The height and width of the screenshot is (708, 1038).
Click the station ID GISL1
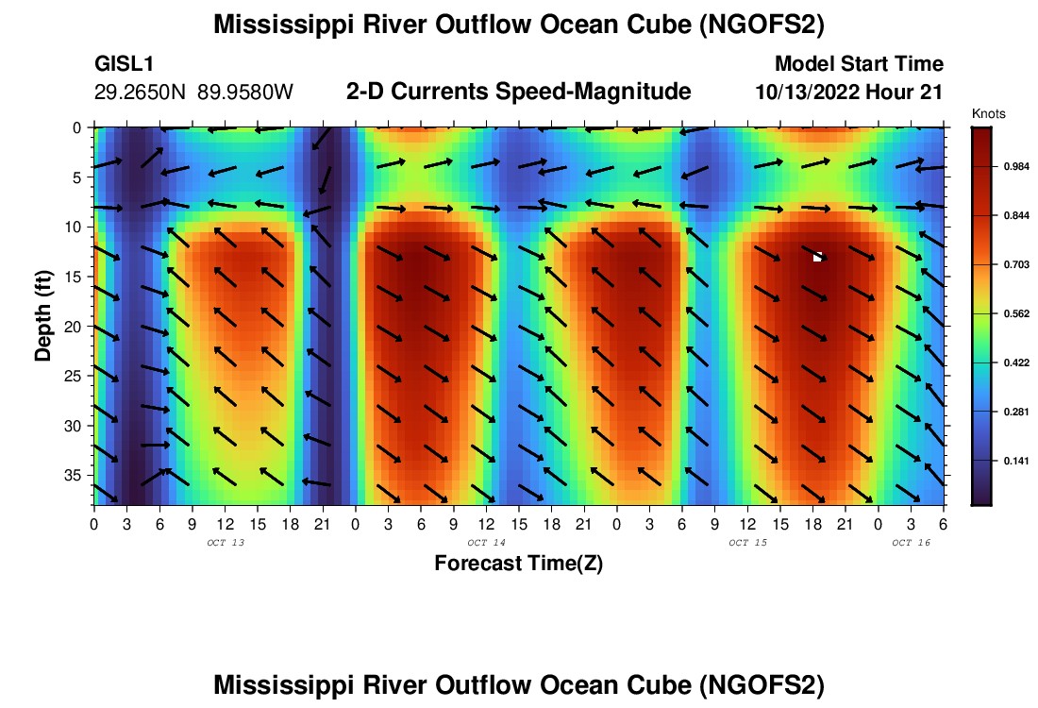pyautogui.click(x=125, y=64)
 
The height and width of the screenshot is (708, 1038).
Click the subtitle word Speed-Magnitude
pyautogui.click(x=605, y=92)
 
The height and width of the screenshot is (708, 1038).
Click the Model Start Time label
pyautogui.click(x=858, y=64)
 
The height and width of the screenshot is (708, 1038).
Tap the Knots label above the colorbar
pyautogui.click(x=989, y=113)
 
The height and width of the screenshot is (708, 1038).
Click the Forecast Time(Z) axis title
pyautogui.click(x=518, y=565)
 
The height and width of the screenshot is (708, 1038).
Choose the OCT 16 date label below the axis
pyautogui.click(x=911, y=543)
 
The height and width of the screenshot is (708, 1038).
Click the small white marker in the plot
pyautogui.click(x=818, y=256)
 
